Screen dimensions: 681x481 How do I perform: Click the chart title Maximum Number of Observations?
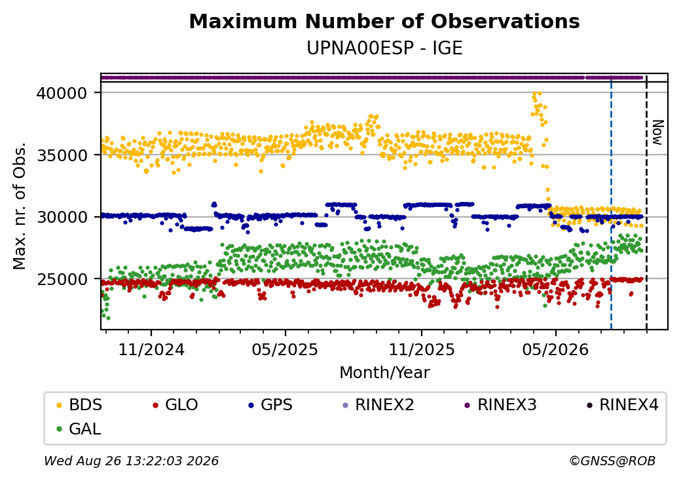[x=384, y=21]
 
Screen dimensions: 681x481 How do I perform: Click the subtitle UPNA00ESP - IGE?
[x=384, y=48]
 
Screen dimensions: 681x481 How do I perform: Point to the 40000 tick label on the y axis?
[x=62, y=93]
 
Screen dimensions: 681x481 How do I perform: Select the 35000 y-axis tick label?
[x=62, y=155]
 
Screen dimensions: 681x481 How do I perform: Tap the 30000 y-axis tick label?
[x=62, y=217]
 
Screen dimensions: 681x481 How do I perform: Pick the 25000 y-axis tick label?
[x=62, y=279]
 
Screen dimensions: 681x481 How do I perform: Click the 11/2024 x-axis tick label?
[x=151, y=349]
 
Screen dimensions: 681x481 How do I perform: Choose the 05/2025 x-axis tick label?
[x=285, y=349]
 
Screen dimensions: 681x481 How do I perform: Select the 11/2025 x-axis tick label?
[x=421, y=349]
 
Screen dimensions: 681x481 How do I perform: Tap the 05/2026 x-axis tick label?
[x=555, y=349]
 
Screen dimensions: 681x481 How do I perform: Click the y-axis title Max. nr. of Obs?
[x=20, y=206]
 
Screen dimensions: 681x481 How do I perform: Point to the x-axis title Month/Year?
[x=384, y=372]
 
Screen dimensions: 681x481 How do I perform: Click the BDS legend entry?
[x=79, y=405]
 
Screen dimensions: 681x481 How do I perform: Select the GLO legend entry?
[x=175, y=405]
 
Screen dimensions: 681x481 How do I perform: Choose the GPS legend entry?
[x=270, y=405]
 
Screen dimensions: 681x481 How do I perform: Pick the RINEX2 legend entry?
[x=378, y=405]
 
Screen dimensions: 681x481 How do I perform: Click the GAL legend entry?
[x=79, y=429]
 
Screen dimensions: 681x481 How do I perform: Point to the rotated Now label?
[x=658, y=132]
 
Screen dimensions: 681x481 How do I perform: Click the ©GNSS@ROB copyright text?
[x=612, y=461]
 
